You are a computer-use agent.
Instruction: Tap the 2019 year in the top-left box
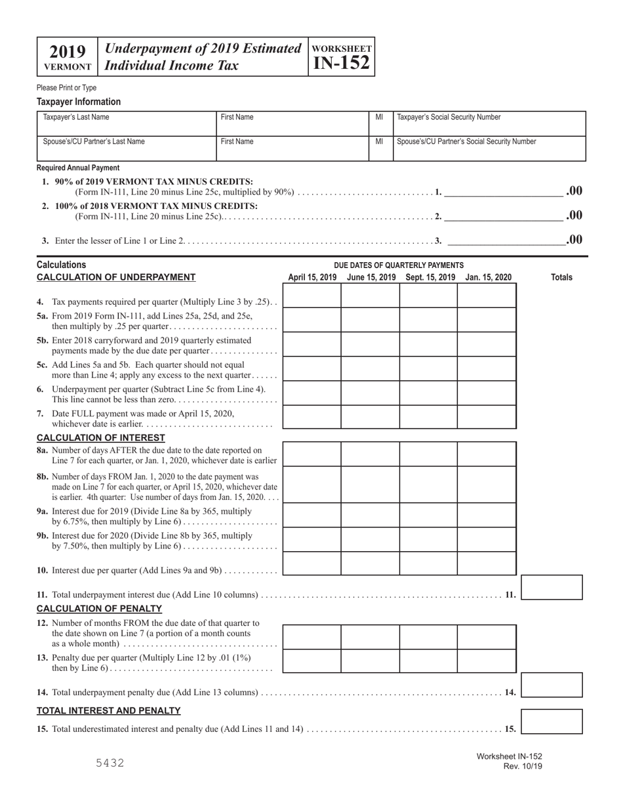[68, 52]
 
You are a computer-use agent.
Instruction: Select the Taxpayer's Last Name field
[127, 123]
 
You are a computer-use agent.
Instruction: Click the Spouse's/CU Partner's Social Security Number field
[488, 149]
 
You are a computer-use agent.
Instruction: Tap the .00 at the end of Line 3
[574, 240]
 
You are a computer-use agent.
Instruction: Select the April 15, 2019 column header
[312, 278]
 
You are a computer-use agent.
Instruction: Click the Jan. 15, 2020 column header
[488, 278]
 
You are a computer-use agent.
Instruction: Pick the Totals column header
[561, 278]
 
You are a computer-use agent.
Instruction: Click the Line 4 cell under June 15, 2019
[371, 296]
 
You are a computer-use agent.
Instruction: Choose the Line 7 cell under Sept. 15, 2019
[429, 417]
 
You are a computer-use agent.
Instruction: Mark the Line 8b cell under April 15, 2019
[312, 484]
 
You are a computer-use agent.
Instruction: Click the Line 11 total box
[552, 588]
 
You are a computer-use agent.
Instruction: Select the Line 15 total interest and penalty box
[552, 721]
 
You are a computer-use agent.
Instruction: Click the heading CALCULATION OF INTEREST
[101, 438]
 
